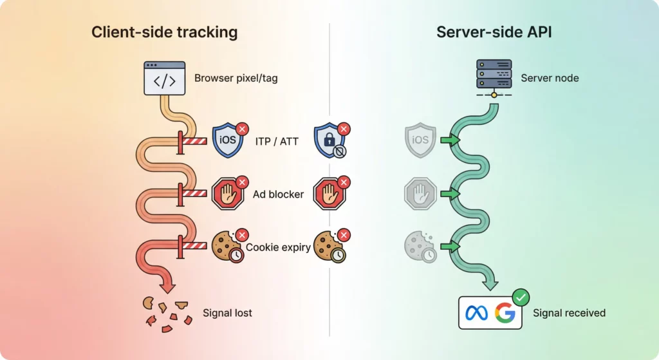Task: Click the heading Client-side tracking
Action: (164, 32)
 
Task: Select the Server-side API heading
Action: (494, 32)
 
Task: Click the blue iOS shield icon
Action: (228, 140)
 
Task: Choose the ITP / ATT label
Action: (277, 141)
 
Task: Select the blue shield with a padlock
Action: (329, 141)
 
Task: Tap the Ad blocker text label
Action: (278, 194)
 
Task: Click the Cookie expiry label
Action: (278, 247)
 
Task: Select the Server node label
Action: (550, 79)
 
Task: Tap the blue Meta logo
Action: (478, 314)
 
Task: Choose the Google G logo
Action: (505, 314)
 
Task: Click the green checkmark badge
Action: (521, 298)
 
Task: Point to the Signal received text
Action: (569, 314)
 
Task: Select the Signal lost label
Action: (227, 314)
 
